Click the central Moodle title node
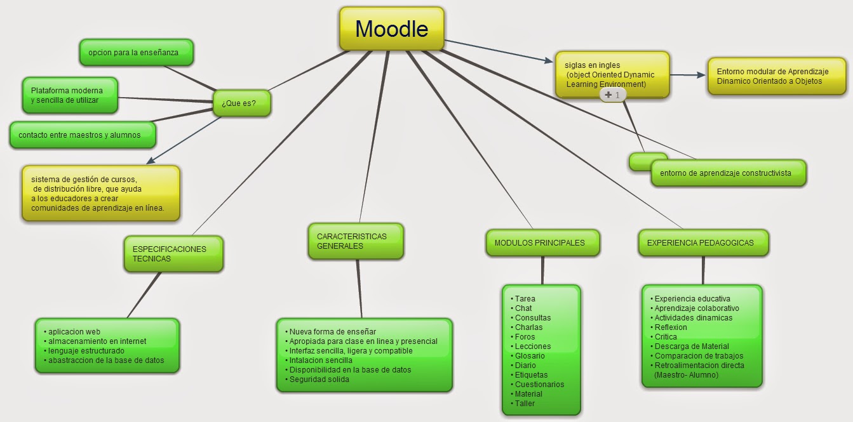pos(391,29)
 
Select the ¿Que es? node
pos(241,103)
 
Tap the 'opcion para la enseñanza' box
pos(137,52)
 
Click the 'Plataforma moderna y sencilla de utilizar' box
pos(70,95)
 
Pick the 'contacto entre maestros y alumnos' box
pos(83,135)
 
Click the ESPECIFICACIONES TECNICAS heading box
pos(173,254)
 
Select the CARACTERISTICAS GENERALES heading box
pos(356,241)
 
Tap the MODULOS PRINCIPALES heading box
pos(542,242)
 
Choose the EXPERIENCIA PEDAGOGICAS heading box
pos(702,242)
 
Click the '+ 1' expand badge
pos(613,95)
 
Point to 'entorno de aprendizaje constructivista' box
pos(729,173)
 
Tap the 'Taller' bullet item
pos(525,404)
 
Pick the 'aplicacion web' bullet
pos(74,332)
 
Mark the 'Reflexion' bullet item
pos(670,327)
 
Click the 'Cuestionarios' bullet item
pos(539,385)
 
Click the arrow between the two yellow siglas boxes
pos(688,75)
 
